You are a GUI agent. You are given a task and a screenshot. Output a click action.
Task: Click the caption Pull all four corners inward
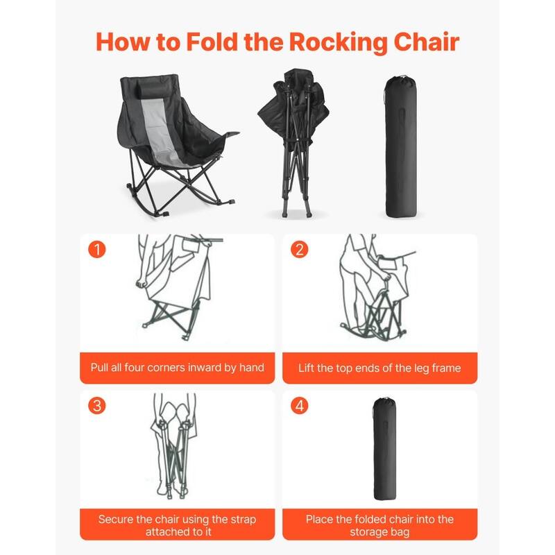177,367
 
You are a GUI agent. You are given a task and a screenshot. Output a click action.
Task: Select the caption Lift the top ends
379,368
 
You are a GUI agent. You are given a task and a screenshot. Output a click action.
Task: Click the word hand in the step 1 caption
252,367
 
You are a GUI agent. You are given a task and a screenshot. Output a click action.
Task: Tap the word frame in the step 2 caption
445,368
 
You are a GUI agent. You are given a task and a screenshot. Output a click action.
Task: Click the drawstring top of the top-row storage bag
399,80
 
